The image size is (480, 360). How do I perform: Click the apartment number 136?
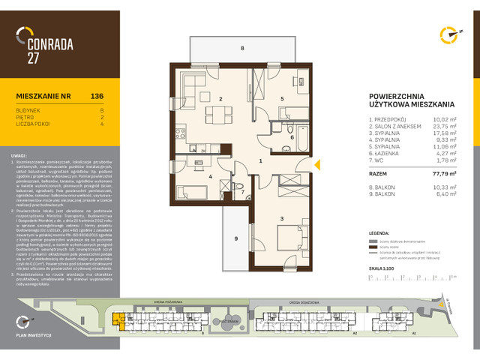[96, 97]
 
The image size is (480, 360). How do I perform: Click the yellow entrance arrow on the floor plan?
[316, 163]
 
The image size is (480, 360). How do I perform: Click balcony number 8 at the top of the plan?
[241, 48]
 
